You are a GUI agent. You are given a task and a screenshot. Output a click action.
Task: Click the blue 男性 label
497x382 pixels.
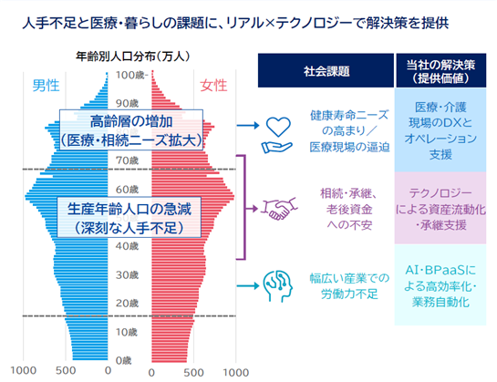[46, 86]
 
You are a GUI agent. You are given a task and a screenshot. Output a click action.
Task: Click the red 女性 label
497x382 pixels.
[213, 86]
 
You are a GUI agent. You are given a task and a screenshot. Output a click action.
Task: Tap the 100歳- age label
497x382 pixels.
[131, 75]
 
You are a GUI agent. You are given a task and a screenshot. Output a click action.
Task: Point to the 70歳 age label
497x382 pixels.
[127, 160]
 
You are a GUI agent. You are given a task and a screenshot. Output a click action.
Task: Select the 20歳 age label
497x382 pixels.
[127, 303]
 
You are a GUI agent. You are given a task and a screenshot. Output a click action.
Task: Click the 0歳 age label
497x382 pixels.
[124, 360]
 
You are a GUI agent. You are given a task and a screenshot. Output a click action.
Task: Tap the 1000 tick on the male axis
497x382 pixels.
[23, 370]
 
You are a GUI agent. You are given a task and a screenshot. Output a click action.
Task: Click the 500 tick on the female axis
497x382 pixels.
[193, 373]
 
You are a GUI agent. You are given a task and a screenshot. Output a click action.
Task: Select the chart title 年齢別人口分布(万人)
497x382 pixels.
[133, 57]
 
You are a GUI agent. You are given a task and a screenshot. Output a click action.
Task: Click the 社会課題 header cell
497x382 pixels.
[326, 70]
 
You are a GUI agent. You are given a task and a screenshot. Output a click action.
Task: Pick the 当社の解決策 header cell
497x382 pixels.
[440, 70]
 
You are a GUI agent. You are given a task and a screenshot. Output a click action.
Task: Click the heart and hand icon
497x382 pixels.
[277, 135]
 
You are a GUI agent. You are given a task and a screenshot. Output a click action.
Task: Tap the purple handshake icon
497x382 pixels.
[279, 209]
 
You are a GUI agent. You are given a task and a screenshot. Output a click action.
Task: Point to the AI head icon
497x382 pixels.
[277, 286]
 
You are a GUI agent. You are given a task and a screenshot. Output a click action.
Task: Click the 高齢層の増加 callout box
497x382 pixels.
[131, 129]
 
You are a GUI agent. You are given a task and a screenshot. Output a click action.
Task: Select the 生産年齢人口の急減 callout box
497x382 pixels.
[129, 217]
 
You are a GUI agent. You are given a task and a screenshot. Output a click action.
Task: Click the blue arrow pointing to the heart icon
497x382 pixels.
[248, 126]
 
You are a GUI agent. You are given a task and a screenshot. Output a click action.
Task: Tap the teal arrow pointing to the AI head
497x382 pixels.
[248, 286]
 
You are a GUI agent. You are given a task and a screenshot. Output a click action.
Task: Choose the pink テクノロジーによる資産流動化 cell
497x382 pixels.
[440, 208]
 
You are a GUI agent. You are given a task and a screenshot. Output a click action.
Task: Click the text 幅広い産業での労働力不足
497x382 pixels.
[349, 286]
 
